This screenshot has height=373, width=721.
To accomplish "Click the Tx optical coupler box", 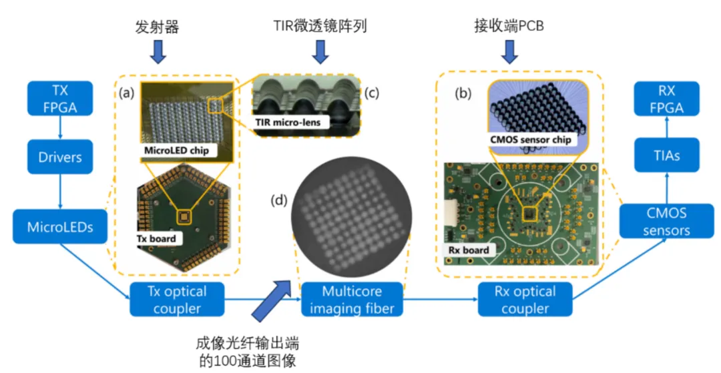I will coord(177,300).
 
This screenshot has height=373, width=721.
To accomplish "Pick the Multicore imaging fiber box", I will coord(352,300).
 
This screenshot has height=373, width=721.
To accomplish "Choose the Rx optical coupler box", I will coord(526,300).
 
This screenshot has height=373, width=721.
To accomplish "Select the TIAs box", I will coord(667,155).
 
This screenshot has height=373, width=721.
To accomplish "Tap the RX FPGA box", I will coord(667,99).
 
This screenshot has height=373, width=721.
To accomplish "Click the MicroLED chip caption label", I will coord(177,150).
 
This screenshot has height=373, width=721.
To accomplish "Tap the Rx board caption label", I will coord(465,250).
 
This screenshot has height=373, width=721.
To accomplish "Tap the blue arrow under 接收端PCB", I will coord(513,51).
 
